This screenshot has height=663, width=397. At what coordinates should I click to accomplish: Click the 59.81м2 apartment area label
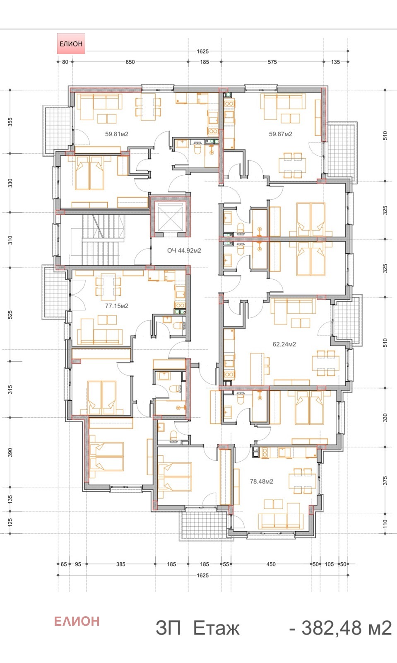[x=116, y=134]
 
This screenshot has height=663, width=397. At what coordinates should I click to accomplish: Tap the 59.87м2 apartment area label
[x=280, y=134]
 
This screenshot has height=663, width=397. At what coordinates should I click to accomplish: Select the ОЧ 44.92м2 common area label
[x=184, y=251]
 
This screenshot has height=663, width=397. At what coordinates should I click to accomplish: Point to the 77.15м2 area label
[x=116, y=306]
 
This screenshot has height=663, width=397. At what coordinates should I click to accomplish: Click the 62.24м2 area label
[x=284, y=344]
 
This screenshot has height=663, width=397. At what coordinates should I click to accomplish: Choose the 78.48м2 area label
[x=261, y=482]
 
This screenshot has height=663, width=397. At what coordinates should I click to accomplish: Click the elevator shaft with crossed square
[x=170, y=217]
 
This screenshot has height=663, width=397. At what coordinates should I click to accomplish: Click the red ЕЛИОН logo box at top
[x=71, y=44]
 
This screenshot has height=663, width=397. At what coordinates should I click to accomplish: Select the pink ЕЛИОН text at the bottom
[x=77, y=621]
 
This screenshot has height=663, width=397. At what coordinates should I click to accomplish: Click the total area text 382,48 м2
[x=340, y=628]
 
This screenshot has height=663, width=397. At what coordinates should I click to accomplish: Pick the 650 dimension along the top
[x=130, y=62]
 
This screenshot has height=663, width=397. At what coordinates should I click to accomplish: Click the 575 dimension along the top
[x=272, y=62]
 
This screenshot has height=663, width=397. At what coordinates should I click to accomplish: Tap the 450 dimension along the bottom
[x=271, y=564]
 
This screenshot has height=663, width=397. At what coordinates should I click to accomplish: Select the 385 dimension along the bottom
[x=120, y=564]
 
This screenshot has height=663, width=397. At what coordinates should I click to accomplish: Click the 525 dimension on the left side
[x=10, y=315]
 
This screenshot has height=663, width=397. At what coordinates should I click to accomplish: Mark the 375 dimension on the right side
[x=385, y=481]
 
